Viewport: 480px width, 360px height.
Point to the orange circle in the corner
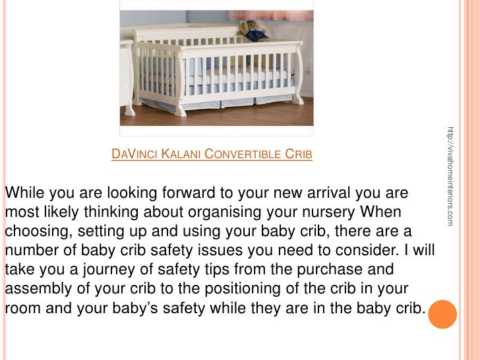(x=442, y=315)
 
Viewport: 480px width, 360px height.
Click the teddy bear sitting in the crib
(x=254, y=30)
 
